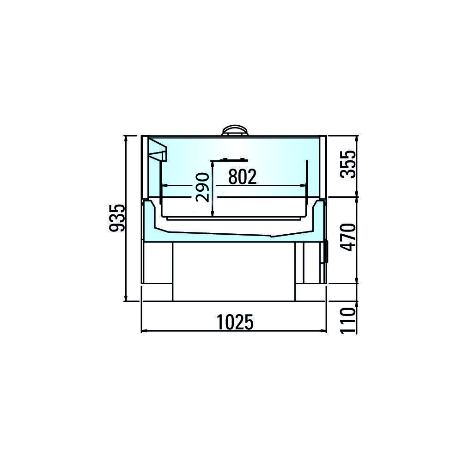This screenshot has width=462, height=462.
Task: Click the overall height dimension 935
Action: (x=117, y=218)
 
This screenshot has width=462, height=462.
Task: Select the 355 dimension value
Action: (x=348, y=164)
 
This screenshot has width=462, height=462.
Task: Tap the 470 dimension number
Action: (x=348, y=237)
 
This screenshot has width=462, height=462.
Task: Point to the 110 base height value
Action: (x=348, y=320)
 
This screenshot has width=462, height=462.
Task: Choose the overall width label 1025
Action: (x=235, y=322)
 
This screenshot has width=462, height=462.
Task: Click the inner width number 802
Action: (x=243, y=177)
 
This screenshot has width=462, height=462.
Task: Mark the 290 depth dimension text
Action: (x=203, y=188)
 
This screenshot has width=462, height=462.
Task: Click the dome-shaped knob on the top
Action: (x=235, y=131)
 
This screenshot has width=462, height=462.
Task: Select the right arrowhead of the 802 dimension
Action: (x=303, y=186)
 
